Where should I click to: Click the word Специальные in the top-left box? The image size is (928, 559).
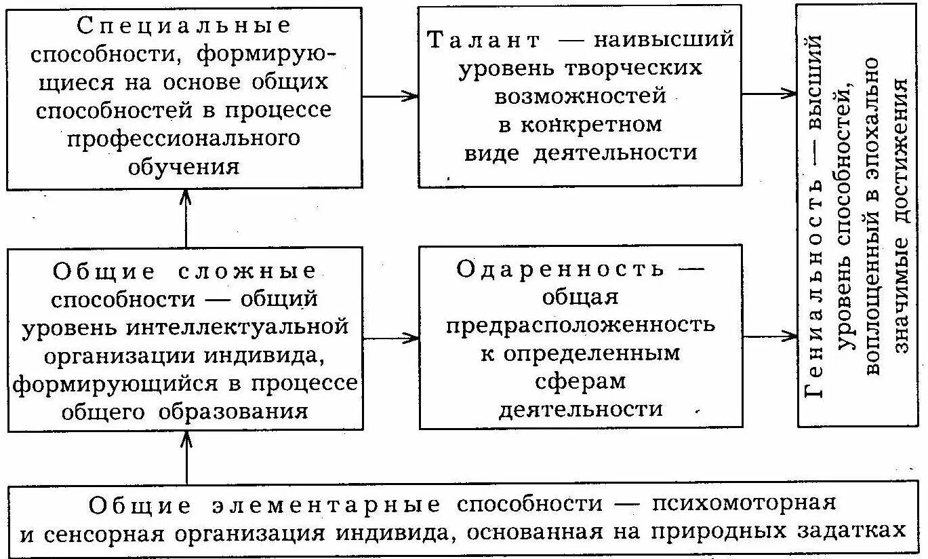(185, 26)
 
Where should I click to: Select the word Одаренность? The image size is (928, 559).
(560, 269)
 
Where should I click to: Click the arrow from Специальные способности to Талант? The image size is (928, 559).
(390, 96)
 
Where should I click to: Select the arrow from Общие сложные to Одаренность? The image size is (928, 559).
(391, 337)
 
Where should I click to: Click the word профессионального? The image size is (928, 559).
(184, 138)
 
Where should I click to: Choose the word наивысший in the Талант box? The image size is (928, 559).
(664, 39)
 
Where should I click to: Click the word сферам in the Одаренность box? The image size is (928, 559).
(580, 382)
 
